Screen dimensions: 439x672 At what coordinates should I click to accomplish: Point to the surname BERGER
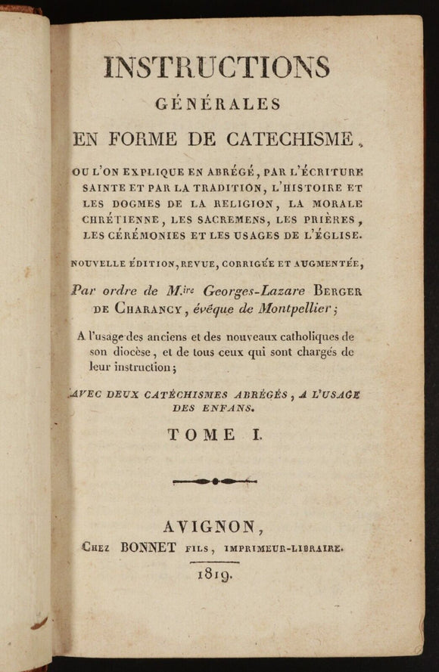pos(344,290)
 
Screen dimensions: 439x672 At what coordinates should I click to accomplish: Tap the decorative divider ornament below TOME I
pos(215,481)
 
